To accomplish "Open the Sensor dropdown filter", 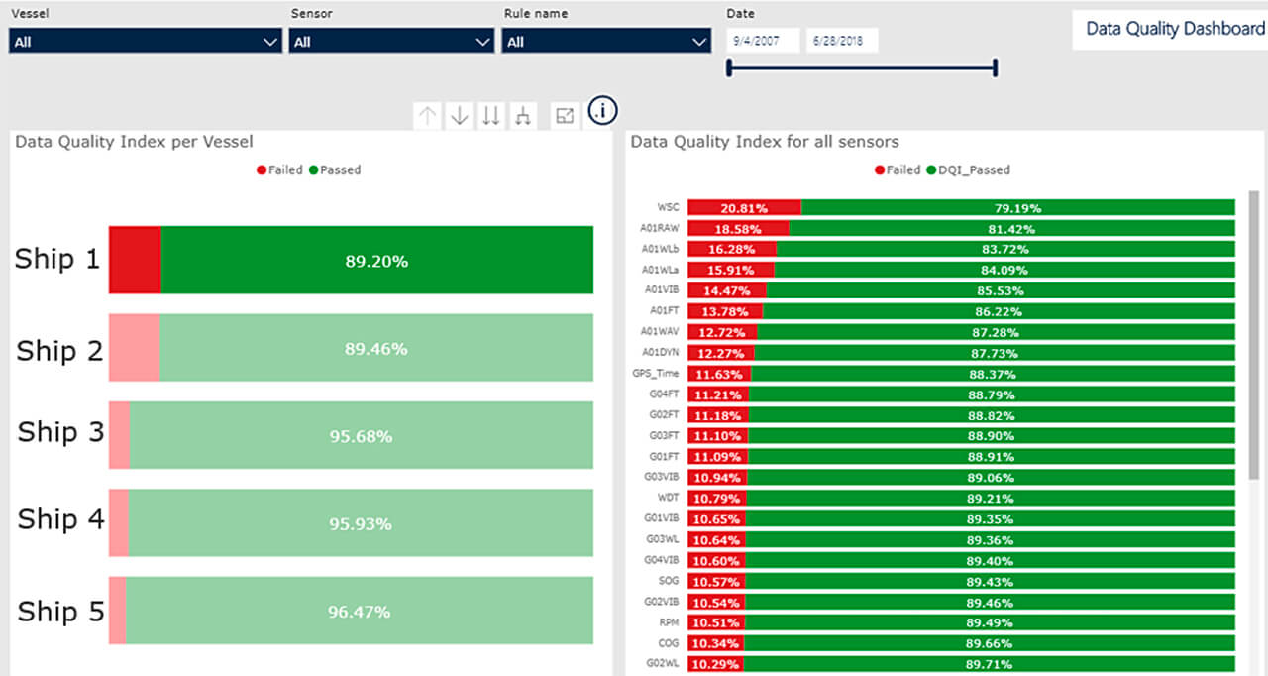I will click(x=391, y=42).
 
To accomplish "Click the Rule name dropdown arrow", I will click(x=698, y=42).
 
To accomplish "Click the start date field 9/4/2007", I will click(x=763, y=41).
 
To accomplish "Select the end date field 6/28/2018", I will click(x=842, y=41).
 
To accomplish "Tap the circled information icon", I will click(x=602, y=111).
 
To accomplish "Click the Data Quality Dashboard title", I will click(x=1175, y=28).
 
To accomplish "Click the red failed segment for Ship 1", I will click(x=135, y=260).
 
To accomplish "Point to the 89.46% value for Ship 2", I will click(x=376, y=349).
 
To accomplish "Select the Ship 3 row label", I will click(x=60, y=432).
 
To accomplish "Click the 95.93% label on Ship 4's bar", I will click(x=361, y=523).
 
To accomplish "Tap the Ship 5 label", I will click(x=60, y=612).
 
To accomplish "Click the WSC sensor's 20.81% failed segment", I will click(x=744, y=208).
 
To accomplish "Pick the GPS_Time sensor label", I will click(x=656, y=374).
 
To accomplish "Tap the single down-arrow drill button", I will click(x=460, y=116).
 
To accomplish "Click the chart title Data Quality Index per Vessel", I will click(x=134, y=142).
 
